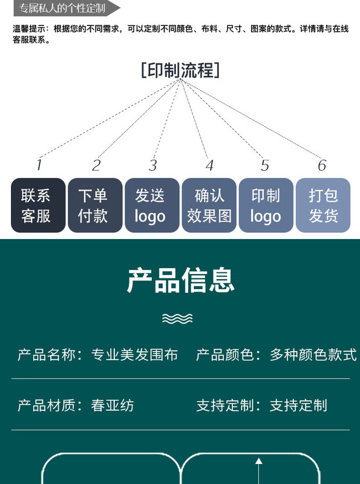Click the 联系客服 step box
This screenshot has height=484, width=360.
[x=38, y=205]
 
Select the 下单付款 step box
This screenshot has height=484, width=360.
[x=95, y=205]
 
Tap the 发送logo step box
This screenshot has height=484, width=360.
[x=152, y=205]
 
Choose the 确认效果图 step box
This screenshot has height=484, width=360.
[x=209, y=205]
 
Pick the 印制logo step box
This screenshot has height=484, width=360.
[x=266, y=205]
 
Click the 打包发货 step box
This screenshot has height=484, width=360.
[x=323, y=205]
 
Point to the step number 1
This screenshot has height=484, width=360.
[x=39, y=165]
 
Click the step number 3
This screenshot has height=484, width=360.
[x=153, y=165]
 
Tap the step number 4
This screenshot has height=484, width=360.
[x=209, y=165]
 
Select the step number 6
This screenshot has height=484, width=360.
[x=322, y=165]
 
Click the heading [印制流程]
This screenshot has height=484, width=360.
[x=180, y=70]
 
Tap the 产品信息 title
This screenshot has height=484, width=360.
[x=181, y=280]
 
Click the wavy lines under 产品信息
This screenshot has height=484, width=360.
[x=177, y=319]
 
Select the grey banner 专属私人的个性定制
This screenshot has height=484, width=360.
[x=67, y=8]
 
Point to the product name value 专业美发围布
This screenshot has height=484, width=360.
[x=134, y=355]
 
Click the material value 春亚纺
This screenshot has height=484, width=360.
[x=113, y=405]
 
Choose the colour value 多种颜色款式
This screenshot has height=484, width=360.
[x=313, y=355]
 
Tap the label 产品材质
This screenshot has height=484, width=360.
[x=47, y=405]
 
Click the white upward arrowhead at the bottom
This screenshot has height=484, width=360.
[x=259, y=461]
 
